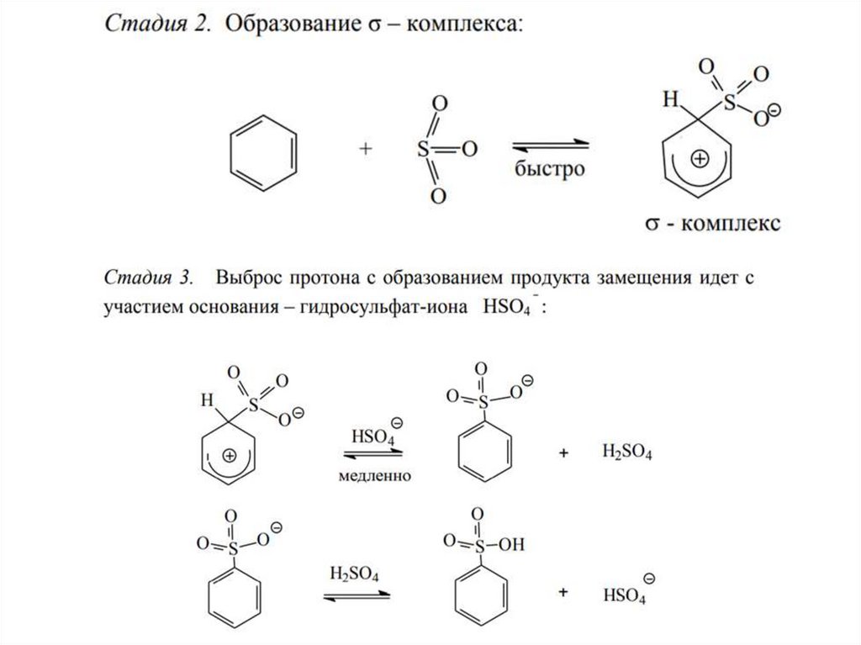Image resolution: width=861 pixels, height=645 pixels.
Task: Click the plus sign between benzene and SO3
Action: coord(365,149)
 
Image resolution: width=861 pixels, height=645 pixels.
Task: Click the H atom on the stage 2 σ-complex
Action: coord(670,102)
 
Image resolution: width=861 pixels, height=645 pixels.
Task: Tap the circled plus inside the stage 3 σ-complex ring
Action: coord(229,457)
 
